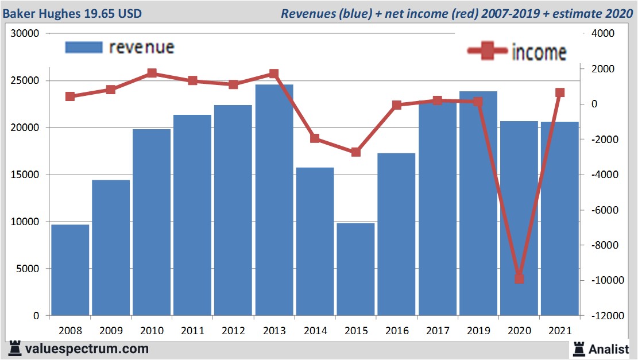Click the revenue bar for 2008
click(70, 270)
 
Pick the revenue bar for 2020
click(519, 218)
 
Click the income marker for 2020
click(519, 278)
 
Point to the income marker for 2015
click(356, 152)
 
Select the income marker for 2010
click(152, 73)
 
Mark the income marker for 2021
click(560, 92)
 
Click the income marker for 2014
click(315, 138)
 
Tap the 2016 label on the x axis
click(397, 331)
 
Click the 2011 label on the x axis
click(192, 331)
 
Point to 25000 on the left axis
click(25, 80)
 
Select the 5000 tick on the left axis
click(28, 269)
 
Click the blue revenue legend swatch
click(84, 47)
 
